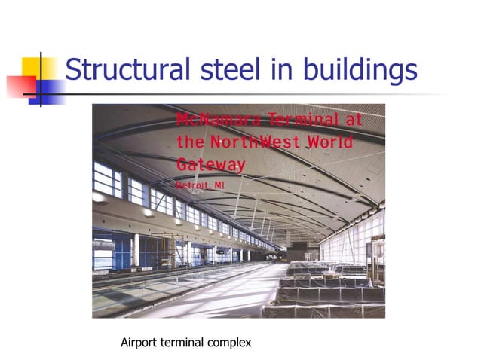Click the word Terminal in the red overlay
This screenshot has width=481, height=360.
294,121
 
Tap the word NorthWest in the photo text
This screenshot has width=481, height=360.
259,142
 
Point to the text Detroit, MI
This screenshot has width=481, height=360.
201,183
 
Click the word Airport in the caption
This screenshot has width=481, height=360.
140,343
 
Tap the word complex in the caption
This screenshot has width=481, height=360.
228,343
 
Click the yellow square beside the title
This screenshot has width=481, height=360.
36,70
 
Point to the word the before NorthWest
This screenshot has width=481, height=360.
190,142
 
